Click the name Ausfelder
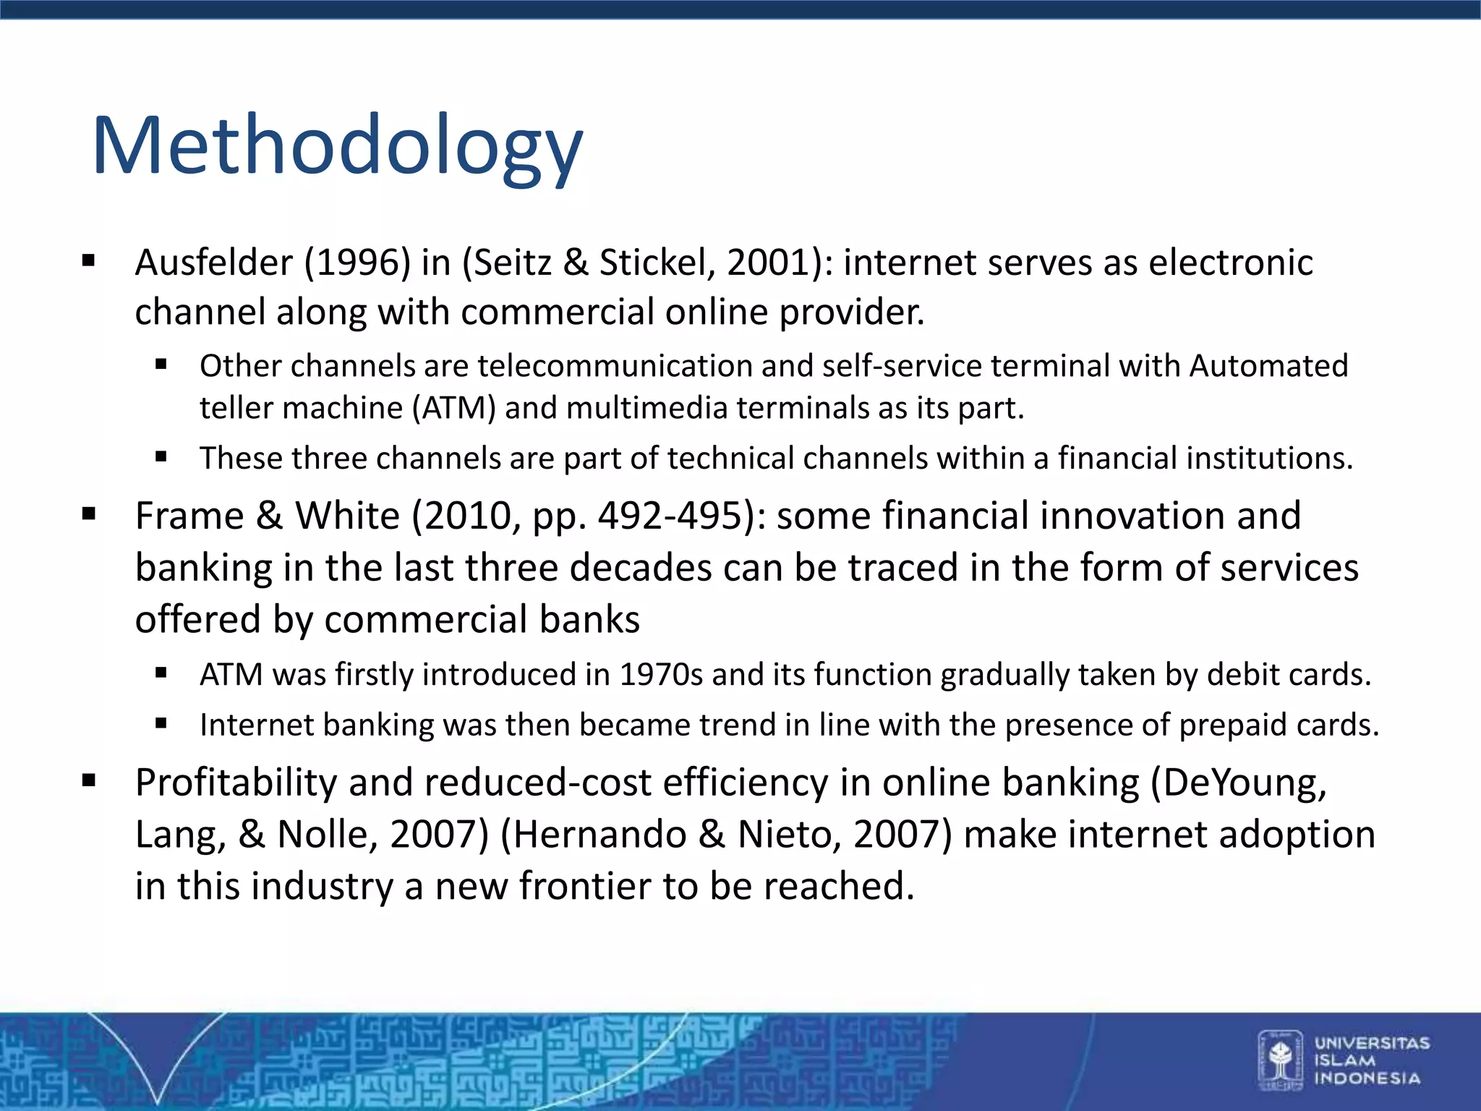coord(213,263)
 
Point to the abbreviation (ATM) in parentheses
coord(454,409)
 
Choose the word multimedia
coord(646,409)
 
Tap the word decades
coord(641,568)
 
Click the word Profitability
coord(236,783)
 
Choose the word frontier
coord(584,886)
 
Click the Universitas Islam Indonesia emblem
coord(1280,1060)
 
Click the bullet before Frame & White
coord(89,515)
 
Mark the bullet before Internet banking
coord(161,723)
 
